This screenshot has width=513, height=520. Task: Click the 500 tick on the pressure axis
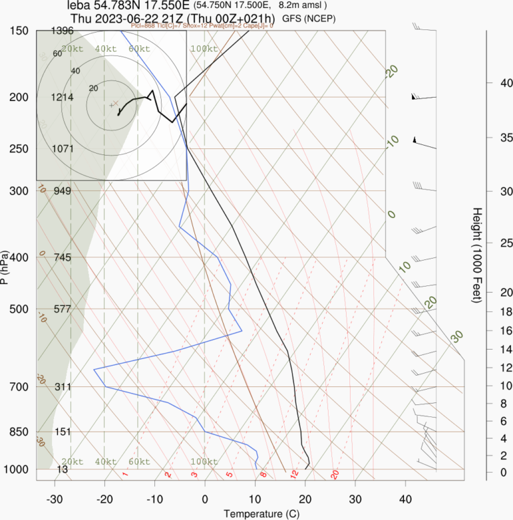[18, 309]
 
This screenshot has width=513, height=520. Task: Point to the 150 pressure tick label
[18, 31]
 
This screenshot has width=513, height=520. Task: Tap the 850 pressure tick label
[18, 432]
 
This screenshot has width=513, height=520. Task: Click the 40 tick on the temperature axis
[405, 499]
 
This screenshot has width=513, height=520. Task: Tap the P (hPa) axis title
[6, 267]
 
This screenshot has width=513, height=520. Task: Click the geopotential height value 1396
[62, 31]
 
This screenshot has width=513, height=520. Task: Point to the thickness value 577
[62, 309]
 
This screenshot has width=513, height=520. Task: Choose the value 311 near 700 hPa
[62, 387]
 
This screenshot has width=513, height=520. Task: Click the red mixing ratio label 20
[335, 475]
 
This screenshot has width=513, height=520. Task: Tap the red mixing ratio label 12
[293, 475]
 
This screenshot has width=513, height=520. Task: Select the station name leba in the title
[79, 5]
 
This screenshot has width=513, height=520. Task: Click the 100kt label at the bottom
[204, 462]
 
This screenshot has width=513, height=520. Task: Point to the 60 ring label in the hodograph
[57, 54]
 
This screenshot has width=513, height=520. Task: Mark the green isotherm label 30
[457, 336]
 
